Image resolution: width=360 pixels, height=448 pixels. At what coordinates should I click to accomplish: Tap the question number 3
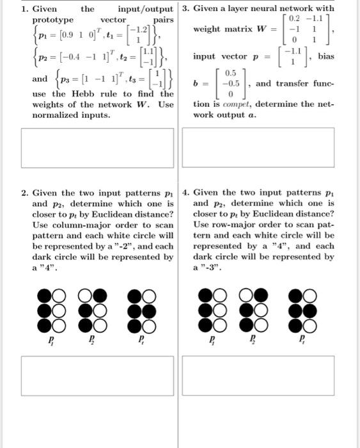point(185,9)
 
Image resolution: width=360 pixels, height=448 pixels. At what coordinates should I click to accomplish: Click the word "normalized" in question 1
point(55,115)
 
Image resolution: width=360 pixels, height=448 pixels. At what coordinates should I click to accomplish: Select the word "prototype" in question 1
point(52,20)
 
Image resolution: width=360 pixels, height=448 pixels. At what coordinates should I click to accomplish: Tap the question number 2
point(24,193)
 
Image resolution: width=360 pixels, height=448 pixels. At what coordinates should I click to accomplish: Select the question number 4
point(185,193)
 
